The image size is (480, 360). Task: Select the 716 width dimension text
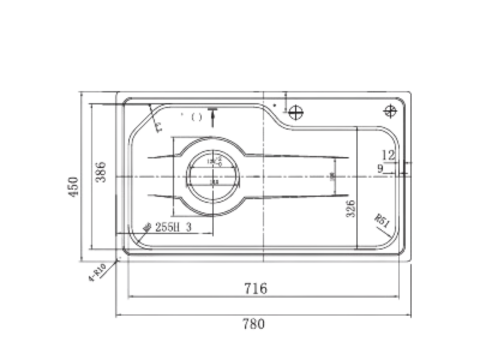[255, 289]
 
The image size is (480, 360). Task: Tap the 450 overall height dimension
[72, 187]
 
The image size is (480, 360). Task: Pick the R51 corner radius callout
[382, 221]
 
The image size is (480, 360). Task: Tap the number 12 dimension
[388, 155]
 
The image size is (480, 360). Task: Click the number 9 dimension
[381, 168]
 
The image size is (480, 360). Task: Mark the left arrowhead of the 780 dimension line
[120, 312]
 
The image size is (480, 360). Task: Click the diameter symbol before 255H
[148, 228]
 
